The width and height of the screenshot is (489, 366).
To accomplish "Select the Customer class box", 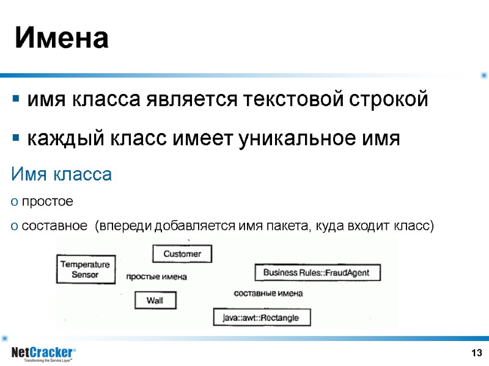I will click(x=182, y=254).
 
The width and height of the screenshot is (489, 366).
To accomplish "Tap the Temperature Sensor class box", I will click(x=86, y=270).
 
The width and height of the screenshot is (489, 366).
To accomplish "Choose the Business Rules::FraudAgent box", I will click(x=316, y=273).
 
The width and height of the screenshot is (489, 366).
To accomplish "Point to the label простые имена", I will click(x=156, y=277).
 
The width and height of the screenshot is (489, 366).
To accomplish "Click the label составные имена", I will click(x=268, y=293).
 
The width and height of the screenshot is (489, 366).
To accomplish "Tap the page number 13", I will click(x=476, y=353).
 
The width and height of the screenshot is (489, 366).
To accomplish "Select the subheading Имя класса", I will click(x=62, y=175).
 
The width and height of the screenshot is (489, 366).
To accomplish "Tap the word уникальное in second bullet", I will click(x=293, y=138).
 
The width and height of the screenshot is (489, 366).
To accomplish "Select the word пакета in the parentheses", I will click(x=285, y=226).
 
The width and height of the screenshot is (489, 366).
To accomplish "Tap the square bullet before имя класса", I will click(x=16, y=99).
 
